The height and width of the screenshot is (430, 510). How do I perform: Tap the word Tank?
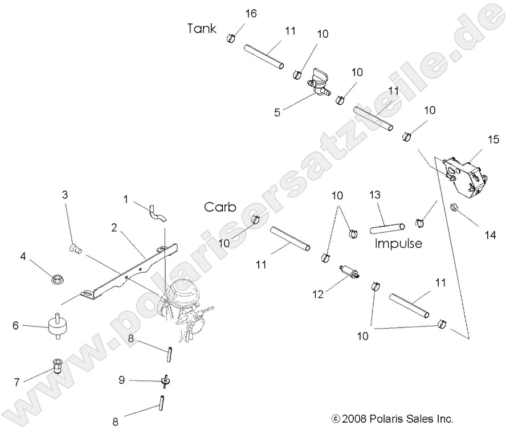(202, 28)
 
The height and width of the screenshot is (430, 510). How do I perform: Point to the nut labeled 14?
(455, 208)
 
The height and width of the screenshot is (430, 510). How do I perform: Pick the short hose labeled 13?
(388, 228)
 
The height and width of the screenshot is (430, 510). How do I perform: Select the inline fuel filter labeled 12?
(348, 271)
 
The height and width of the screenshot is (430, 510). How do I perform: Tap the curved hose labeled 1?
(155, 211)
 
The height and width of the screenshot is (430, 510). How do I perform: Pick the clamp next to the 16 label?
(231, 38)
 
